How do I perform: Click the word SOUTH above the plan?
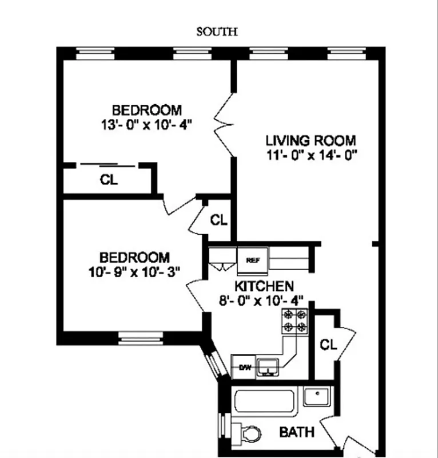point(217,32)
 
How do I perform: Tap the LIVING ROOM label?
point(310,140)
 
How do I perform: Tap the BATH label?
point(296,432)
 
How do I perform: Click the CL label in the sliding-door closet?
point(109,180)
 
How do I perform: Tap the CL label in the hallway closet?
point(218,220)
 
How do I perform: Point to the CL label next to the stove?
point(328,344)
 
